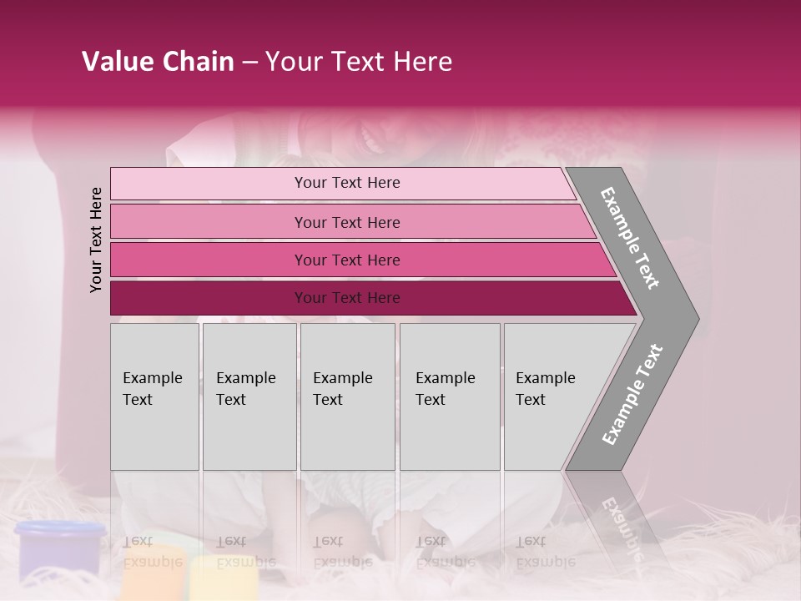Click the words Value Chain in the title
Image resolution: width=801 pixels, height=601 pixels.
pyautogui.click(x=158, y=62)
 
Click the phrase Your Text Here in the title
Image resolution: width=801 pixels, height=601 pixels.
pyautogui.click(x=359, y=62)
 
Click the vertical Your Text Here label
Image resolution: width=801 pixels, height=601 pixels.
pyautogui.click(x=96, y=240)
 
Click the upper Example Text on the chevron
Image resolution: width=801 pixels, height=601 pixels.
pyautogui.click(x=630, y=238)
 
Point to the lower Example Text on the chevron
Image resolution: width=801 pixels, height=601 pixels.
pyautogui.click(x=632, y=395)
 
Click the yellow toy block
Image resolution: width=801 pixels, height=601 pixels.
pyautogui.click(x=219, y=580)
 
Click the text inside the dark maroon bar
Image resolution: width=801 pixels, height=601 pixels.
pyautogui.click(x=347, y=298)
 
